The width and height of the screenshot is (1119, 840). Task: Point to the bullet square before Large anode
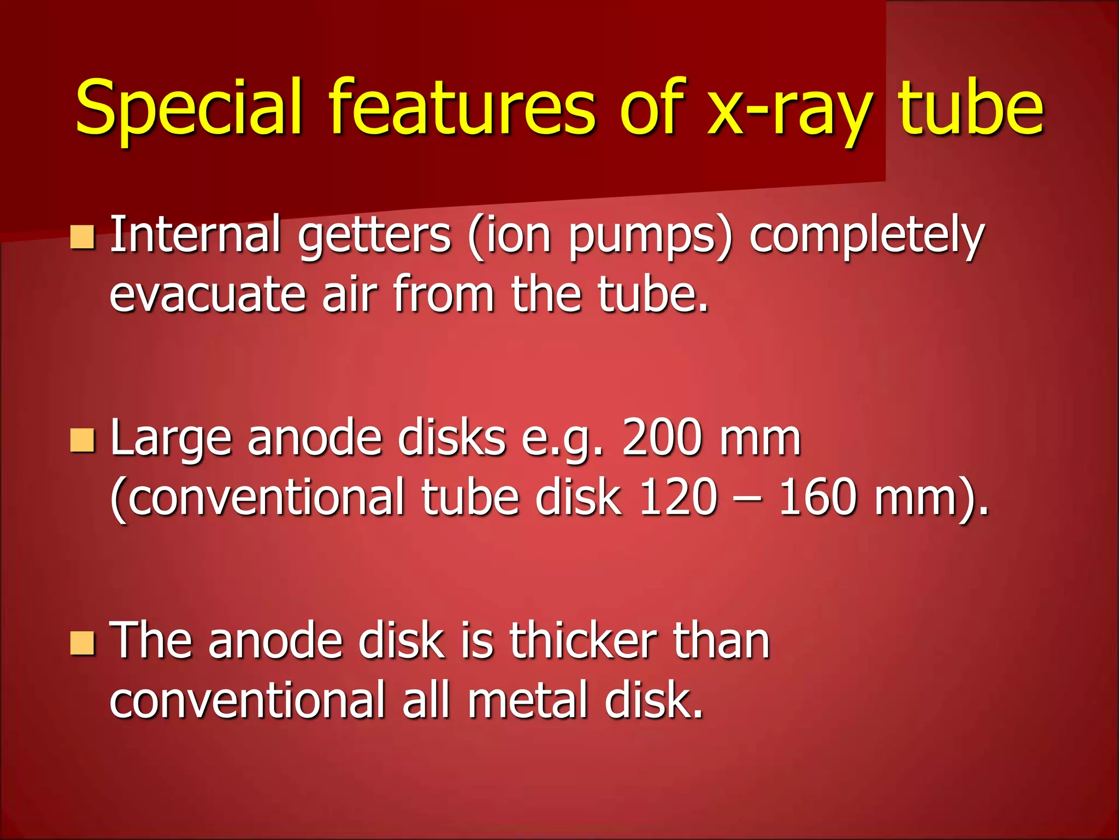[83, 441]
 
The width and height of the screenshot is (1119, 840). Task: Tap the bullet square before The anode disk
[83, 643]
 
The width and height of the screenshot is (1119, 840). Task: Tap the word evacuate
[207, 295]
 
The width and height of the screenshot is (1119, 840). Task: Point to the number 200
[662, 437]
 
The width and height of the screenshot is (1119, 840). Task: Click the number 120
[678, 498]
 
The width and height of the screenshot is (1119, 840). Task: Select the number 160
[817, 498]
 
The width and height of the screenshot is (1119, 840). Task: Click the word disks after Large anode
[451, 437]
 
